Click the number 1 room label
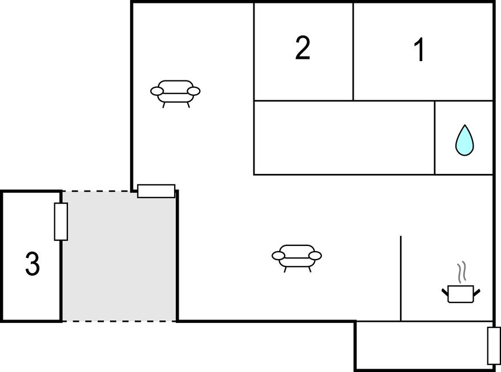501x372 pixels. point(419,50)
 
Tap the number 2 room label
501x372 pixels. point(302,48)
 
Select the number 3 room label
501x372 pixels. point(33,264)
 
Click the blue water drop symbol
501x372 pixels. point(464,140)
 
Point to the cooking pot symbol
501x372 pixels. point(461,294)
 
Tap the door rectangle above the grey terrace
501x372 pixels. point(156,191)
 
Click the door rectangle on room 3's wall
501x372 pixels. point(60,221)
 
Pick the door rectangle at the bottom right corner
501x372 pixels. point(494,346)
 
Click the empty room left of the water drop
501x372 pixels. point(344,138)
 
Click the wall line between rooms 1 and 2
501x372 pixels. point(353,51)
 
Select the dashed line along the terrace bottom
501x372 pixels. point(119,321)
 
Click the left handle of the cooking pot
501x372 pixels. point(445,292)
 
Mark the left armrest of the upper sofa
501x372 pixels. point(156,91)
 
